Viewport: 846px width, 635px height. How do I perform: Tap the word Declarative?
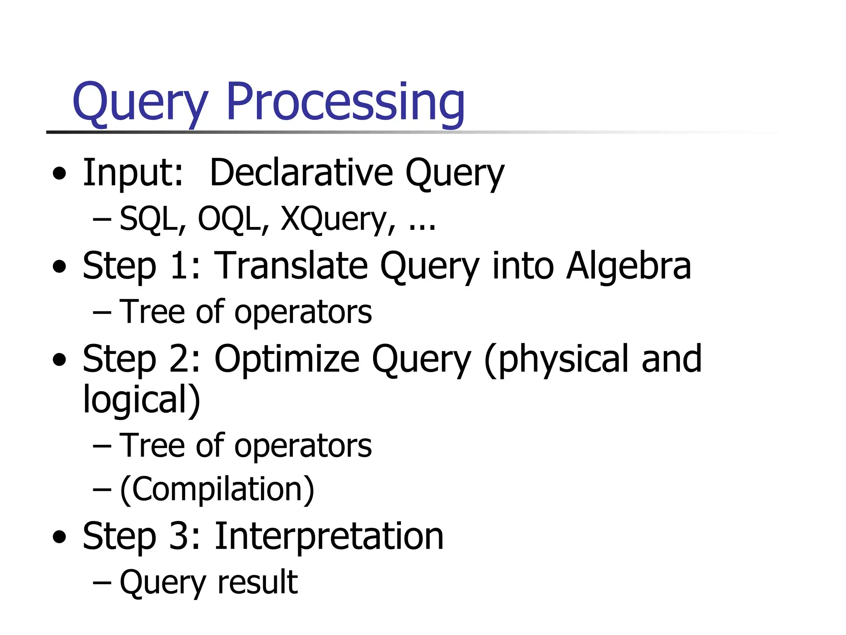[301, 173]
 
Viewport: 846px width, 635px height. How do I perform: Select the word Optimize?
[287, 359]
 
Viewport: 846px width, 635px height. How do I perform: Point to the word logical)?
[141, 399]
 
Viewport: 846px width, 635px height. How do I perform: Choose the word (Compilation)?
[217, 489]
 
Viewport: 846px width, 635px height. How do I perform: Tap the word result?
[257, 582]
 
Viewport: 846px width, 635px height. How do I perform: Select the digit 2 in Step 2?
[179, 359]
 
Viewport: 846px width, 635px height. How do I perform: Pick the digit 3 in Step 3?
[179, 536]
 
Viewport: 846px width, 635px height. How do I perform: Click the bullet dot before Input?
[59, 174]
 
